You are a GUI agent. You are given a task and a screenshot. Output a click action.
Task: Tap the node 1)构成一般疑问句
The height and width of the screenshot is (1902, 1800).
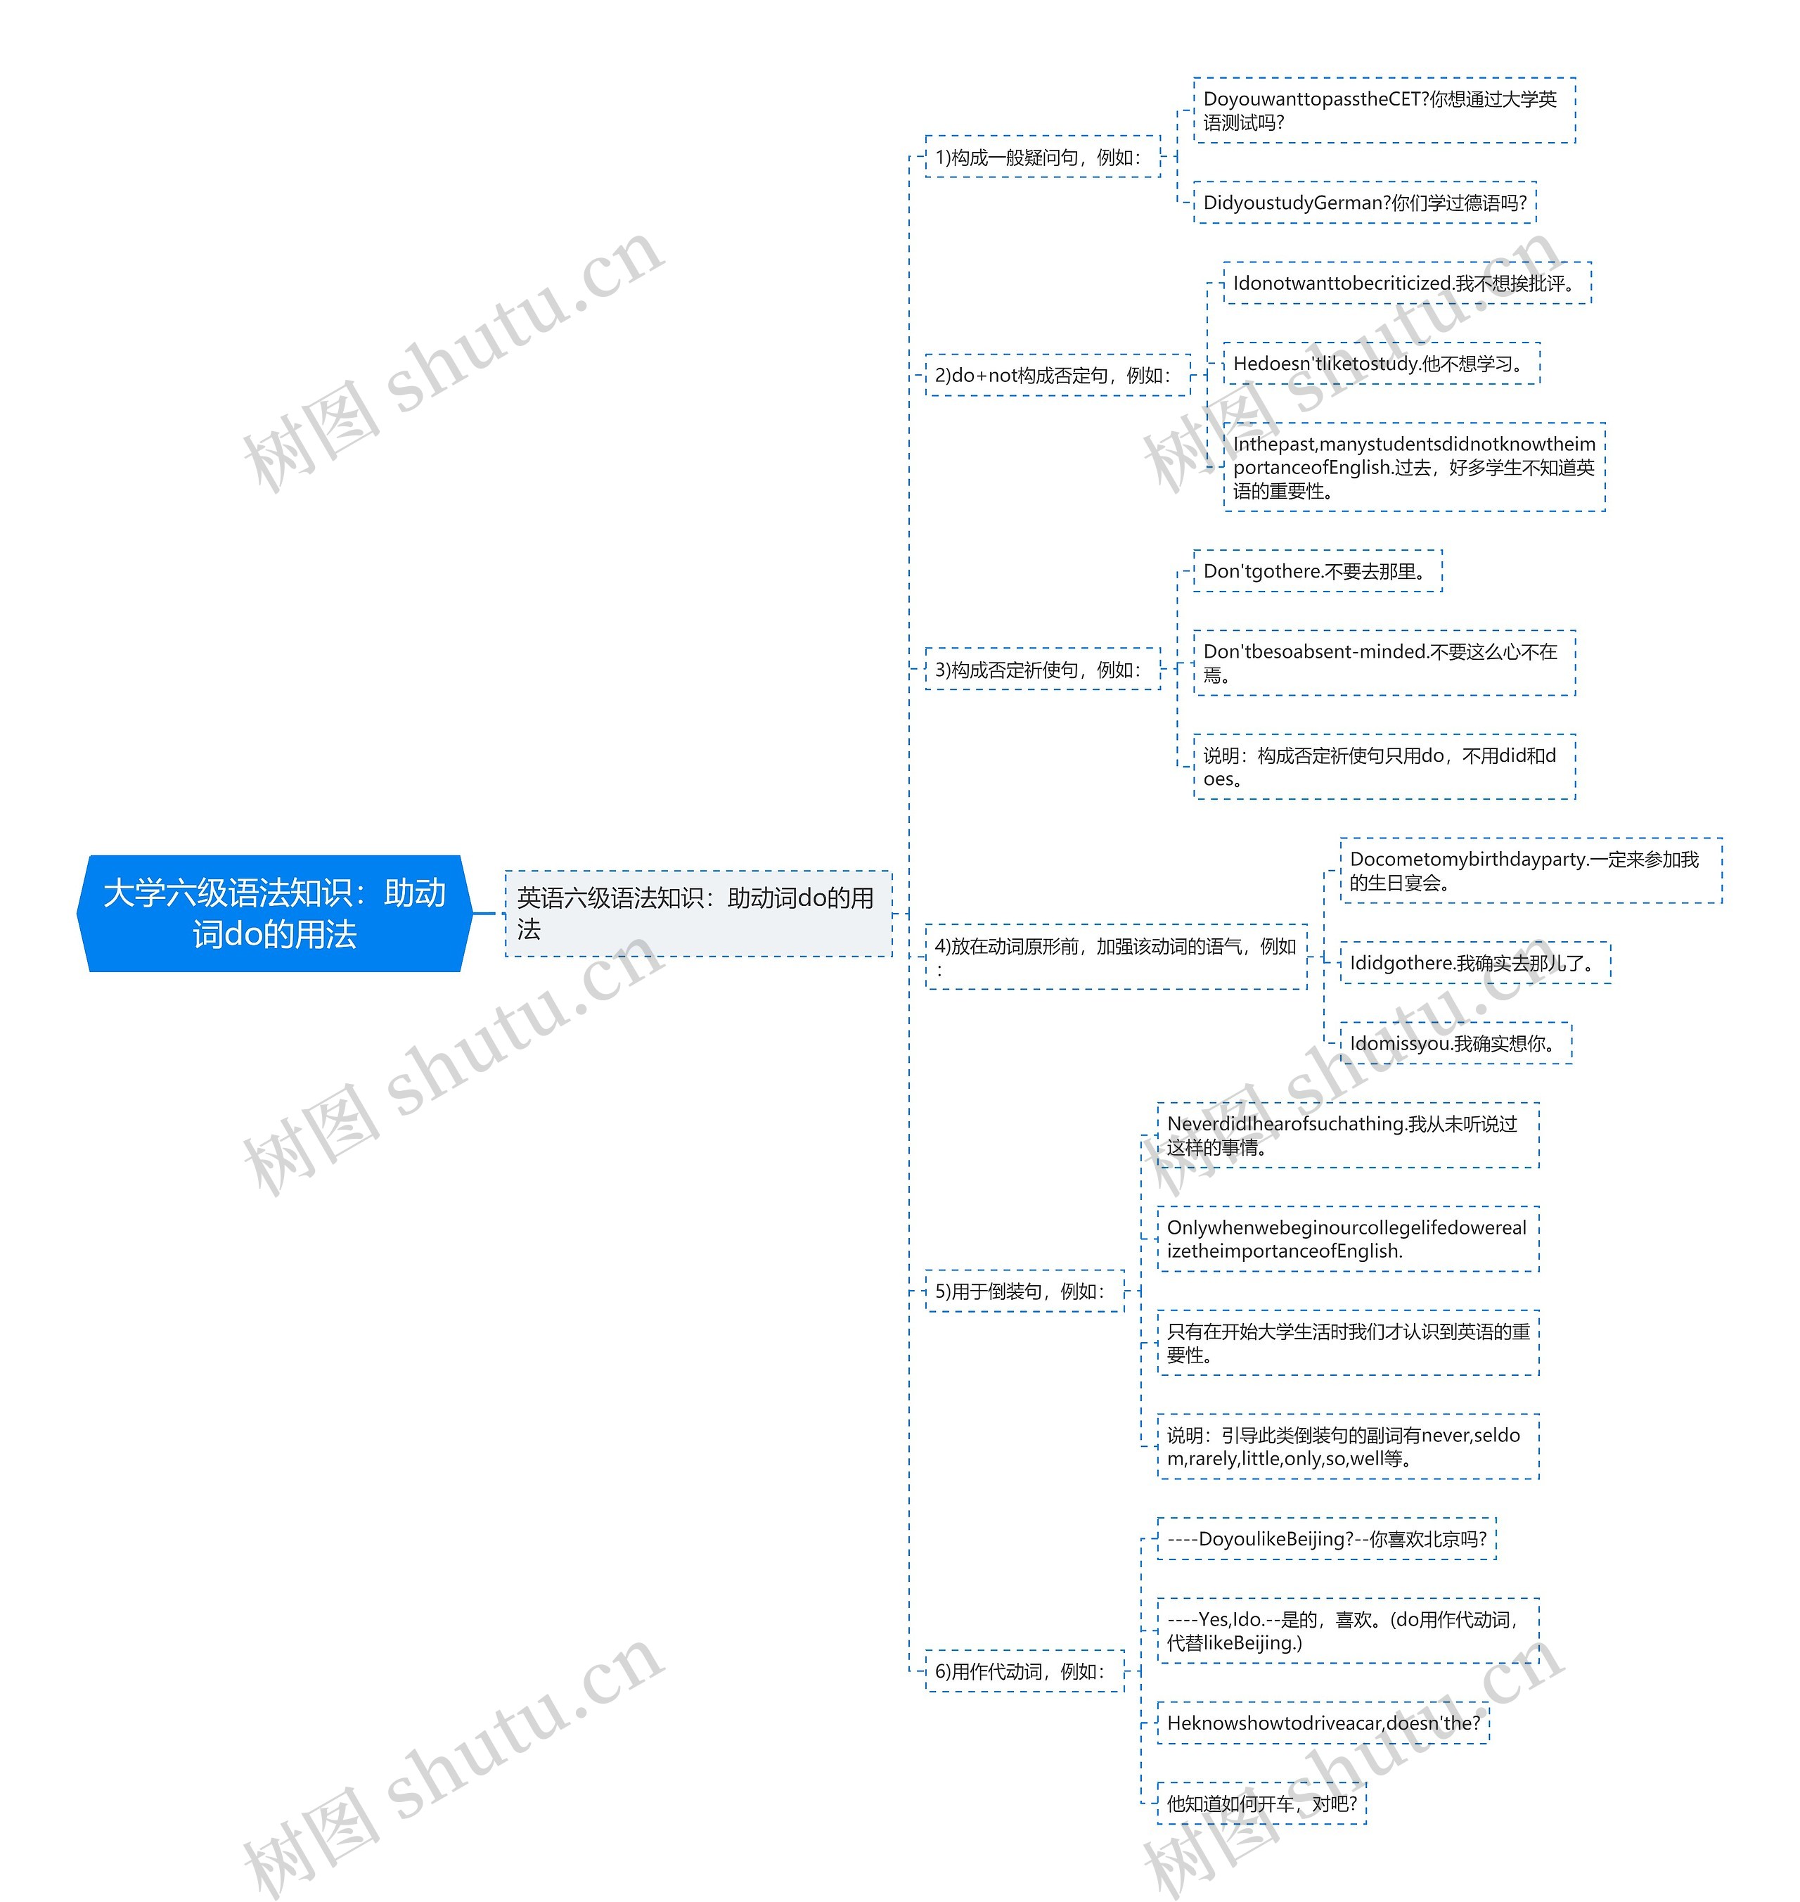pos(1041,158)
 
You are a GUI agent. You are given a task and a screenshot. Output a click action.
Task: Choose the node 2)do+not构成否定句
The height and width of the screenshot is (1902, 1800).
pos(1055,375)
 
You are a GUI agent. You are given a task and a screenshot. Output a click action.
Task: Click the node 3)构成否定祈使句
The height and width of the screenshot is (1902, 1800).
pos(1041,670)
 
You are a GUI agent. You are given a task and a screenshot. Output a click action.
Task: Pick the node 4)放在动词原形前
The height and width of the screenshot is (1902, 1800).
pos(1115,956)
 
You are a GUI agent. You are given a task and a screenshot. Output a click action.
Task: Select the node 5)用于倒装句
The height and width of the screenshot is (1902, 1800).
pos(1023,1291)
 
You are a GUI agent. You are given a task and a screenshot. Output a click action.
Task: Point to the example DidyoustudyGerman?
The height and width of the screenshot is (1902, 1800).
pos(1364,203)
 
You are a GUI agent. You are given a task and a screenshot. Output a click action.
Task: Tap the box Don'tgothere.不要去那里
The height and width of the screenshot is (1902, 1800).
pos(1316,571)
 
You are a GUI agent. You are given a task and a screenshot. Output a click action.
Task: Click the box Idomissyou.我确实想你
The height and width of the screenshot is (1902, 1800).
pos(1455,1043)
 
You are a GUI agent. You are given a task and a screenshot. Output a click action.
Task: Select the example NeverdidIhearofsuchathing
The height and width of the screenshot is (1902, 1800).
pos(1347,1135)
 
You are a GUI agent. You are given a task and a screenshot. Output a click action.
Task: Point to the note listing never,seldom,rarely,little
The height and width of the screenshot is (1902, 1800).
pos(1347,1446)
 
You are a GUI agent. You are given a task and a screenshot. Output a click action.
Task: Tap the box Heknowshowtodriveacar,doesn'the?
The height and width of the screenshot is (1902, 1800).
pos(1323,1723)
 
